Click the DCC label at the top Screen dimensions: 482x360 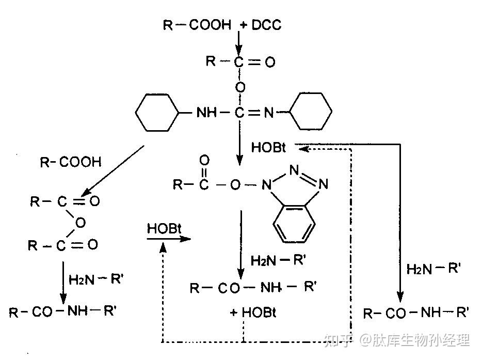266,25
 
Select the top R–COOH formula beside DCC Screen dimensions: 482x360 197,25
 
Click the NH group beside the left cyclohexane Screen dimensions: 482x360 206,113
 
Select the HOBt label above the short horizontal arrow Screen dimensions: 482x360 164,229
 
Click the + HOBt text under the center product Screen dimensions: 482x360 253,312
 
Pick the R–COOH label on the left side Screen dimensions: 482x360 71,162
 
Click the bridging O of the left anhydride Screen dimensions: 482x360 80,223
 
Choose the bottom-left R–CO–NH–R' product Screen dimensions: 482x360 63,311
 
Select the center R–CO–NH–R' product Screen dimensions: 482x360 253,288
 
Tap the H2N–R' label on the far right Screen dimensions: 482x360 433,269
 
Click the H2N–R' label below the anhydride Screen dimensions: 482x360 96,279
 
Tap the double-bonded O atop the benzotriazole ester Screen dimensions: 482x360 204,160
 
